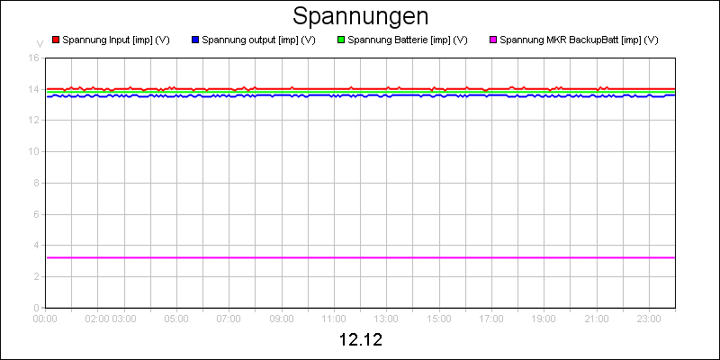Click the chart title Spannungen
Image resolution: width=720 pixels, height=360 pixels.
click(x=360, y=17)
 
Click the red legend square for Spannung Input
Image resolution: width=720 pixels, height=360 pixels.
click(x=56, y=40)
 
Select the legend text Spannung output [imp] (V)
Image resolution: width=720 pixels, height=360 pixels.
click(x=258, y=40)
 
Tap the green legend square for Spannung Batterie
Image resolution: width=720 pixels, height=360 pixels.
click(x=340, y=40)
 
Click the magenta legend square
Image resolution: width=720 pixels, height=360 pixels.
click(x=492, y=40)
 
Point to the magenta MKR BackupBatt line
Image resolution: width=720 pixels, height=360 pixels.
click(x=360, y=257)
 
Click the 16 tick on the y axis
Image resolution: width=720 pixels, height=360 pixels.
click(x=33, y=58)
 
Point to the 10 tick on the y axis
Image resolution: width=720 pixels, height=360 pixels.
click(x=33, y=151)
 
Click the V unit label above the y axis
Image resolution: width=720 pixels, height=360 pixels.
click(x=39, y=43)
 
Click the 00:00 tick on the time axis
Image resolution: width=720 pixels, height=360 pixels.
click(x=45, y=318)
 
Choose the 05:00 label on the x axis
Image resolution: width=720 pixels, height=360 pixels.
click(x=176, y=318)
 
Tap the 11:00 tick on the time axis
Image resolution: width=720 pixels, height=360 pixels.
click(x=334, y=318)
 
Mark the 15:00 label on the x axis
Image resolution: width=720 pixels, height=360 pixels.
click(x=438, y=318)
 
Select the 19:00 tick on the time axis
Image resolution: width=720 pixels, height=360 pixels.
click(x=544, y=318)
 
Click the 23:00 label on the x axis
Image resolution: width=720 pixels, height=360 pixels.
click(x=649, y=318)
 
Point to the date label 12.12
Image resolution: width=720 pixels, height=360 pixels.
click(x=360, y=341)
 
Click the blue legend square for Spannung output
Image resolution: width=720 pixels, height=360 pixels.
click(x=195, y=40)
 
